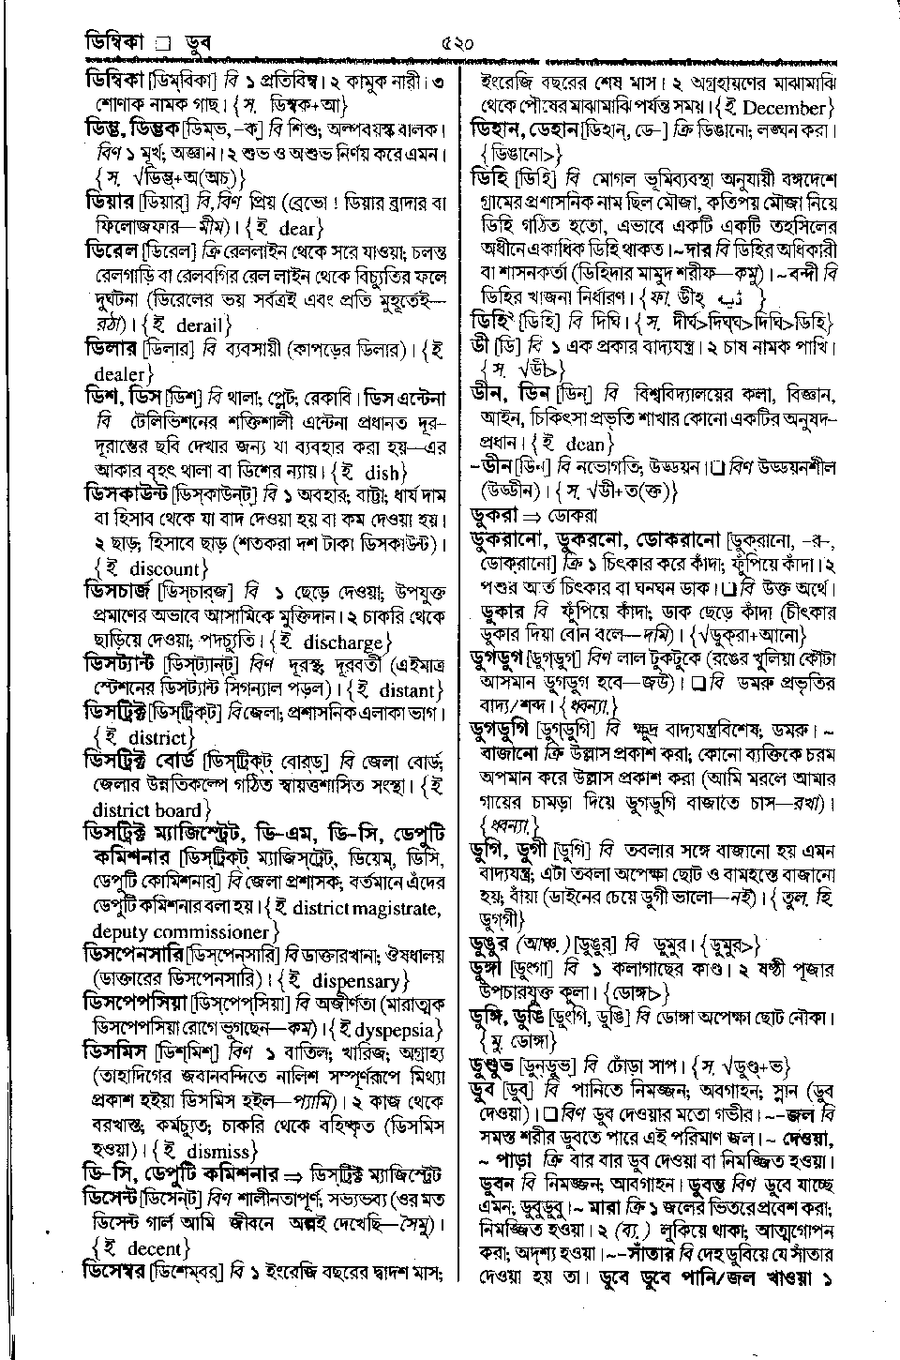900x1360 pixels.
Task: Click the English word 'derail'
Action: point(197,326)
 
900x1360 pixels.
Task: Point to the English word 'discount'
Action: point(164,568)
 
